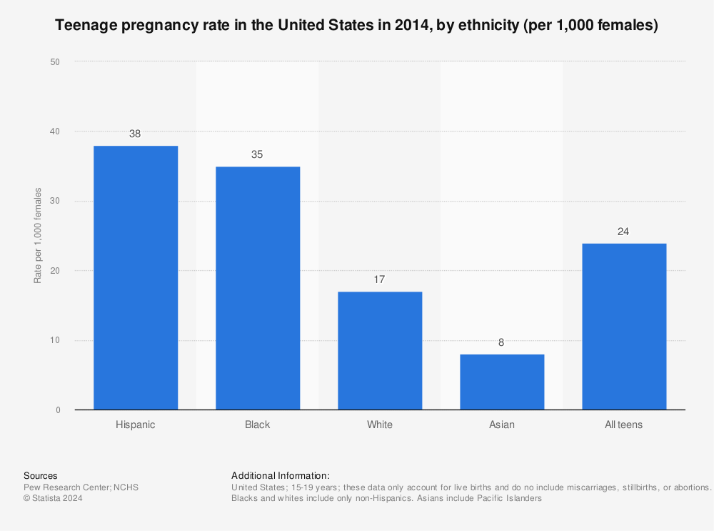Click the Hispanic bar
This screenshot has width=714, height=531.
(x=136, y=278)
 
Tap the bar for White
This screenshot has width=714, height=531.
(x=380, y=351)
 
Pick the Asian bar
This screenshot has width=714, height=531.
(x=502, y=382)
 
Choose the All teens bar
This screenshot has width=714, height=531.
(x=624, y=327)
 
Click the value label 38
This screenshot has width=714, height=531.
(x=136, y=134)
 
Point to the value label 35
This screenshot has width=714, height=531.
(x=258, y=154)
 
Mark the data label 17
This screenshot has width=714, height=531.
(x=380, y=279)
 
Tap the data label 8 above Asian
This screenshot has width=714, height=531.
(x=502, y=342)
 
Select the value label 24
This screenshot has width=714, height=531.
(x=624, y=231)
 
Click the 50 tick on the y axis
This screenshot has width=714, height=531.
(x=55, y=62)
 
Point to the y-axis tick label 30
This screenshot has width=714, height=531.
(x=55, y=202)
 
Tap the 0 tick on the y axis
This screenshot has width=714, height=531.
(x=58, y=410)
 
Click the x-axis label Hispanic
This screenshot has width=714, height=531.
(x=136, y=425)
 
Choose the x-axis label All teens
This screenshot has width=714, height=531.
(x=624, y=425)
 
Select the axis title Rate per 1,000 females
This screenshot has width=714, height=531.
(x=38, y=236)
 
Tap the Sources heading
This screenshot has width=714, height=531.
(x=41, y=475)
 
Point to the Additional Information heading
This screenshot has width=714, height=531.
(x=281, y=475)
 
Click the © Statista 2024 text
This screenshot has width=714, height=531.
(x=53, y=499)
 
